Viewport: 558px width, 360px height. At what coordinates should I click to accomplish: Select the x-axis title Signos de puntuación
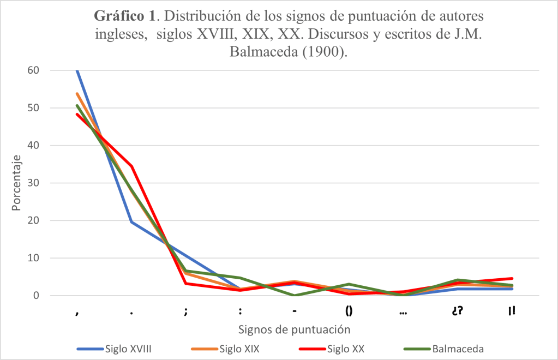click(x=294, y=329)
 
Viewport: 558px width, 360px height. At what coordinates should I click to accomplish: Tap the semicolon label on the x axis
click(x=186, y=311)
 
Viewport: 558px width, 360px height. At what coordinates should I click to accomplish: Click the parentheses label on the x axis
click(x=349, y=311)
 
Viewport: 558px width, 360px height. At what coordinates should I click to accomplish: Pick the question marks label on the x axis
click(x=458, y=311)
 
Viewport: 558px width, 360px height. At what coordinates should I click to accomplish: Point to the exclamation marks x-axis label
click(x=512, y=311)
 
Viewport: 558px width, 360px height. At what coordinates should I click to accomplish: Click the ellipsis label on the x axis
click(x=403, y=311)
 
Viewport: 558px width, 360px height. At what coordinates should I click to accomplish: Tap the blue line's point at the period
click(x=131, y=222)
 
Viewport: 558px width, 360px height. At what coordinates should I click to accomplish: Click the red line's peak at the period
click(x=131, y=166)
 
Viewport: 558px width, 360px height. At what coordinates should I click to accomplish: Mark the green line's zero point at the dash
click(x=295, y=295)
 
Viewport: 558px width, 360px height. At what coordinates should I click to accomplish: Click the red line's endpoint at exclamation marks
click(x=512, y=278)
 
